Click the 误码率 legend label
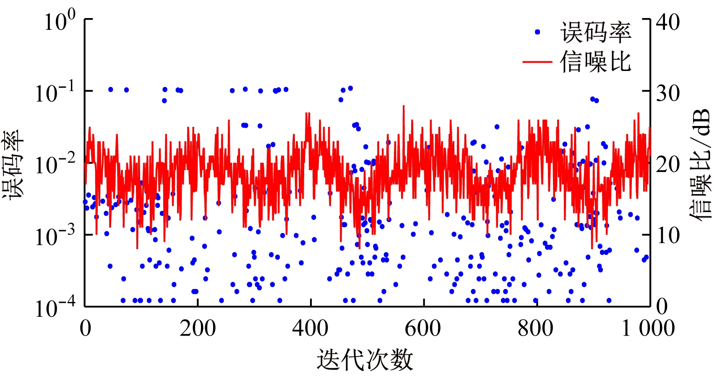tap(595, 32)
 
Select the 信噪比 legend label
tap(595, 62)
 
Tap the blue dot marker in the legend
tap(537, 32)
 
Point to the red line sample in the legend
tap(537, 62)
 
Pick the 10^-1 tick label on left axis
tap(55, 92)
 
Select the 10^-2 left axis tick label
tap(55, 164)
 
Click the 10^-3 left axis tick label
tap(55, 236)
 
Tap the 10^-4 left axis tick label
tap(55, 308)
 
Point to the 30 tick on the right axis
tap(668, 93)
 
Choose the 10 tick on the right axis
tap(668, 236)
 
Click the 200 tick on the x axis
tap(198, 328)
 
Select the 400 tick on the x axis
tap(310, 328)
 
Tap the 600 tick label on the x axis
tap(423, 328)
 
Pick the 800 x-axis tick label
tap(536, 328)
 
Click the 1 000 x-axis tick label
tap(648, 328)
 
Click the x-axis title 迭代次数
tap(365, 360)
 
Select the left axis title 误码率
tap(13, 164)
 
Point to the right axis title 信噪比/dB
tap(700, 164)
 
